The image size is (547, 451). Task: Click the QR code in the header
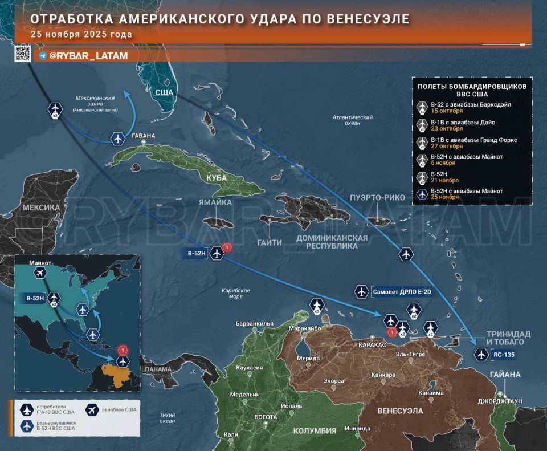coord(22,54)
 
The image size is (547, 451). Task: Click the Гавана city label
coord(143,136)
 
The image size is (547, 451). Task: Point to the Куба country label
coord(217,178)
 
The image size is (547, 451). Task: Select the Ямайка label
coord(215,202)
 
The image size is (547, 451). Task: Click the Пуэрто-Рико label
coord(378,198)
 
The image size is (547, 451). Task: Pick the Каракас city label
coord(373,345)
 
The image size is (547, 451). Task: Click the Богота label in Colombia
coord(266,417)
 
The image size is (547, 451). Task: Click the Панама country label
coord(158,369)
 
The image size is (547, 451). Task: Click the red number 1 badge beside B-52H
coord(227,247)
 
